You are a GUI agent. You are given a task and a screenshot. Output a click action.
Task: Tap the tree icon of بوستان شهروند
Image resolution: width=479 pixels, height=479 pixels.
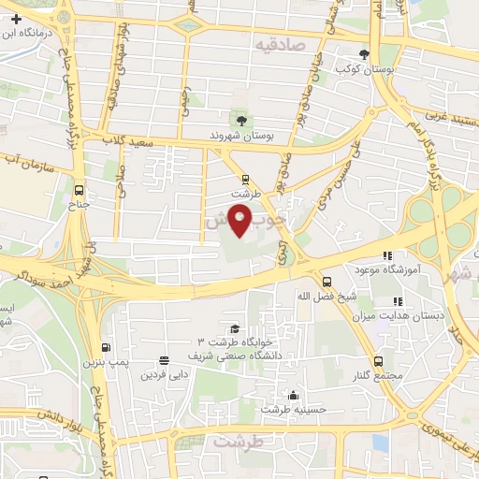pos(241,120)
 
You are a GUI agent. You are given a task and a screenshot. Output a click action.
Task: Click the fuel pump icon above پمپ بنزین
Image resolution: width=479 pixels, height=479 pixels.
pos(105,347)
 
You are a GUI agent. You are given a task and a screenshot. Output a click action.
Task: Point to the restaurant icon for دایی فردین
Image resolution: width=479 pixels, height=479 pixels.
pos(165,360)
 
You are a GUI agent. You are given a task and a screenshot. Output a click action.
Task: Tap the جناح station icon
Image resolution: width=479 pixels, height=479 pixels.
pos(78,186)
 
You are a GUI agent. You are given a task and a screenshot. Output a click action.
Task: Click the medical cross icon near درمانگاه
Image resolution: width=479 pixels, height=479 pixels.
pos(16,18)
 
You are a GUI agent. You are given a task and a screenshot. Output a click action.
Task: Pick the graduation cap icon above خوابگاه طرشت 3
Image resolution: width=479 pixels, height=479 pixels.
pos(234,328)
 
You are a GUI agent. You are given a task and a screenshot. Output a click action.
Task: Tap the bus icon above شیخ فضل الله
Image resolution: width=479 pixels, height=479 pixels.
pos(326,281)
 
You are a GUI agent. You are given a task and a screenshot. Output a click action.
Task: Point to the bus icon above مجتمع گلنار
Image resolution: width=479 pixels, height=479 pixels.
pos(378,361)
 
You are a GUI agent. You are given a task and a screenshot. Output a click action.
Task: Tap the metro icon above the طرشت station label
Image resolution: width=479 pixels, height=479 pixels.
pos(245,179)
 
